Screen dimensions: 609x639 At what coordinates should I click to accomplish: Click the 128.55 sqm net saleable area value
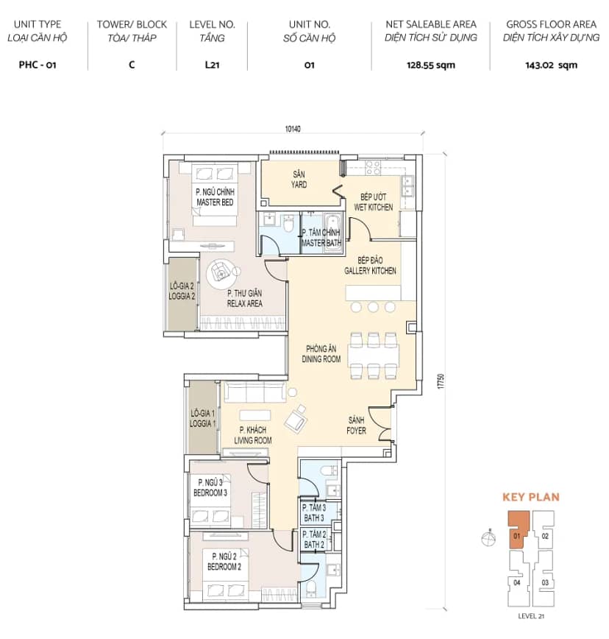(431, 66)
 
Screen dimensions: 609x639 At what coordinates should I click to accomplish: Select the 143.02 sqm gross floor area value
(551, 66)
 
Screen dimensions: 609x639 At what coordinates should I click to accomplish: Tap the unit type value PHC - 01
(38, 65)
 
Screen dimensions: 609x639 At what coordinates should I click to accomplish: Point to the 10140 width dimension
(293, 129)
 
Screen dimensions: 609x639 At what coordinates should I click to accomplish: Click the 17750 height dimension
(441, 381)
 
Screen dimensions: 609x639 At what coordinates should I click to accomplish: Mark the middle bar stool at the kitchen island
(373, 307)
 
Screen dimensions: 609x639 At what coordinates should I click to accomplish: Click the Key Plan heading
(531, 497)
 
